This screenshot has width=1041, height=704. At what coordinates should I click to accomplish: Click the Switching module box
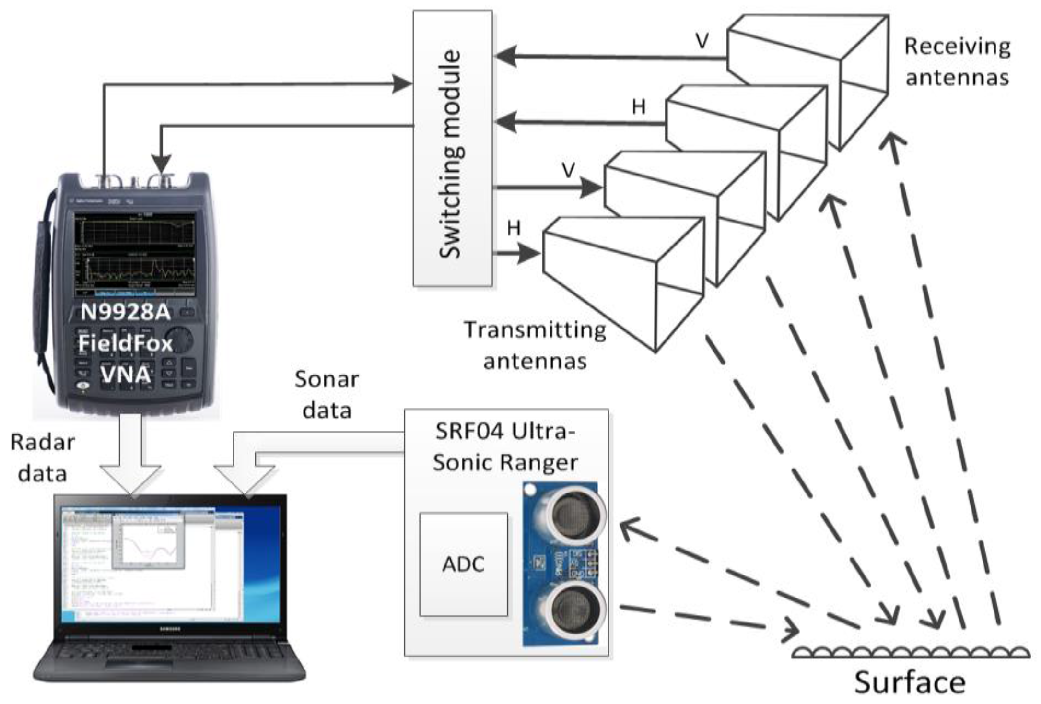452,149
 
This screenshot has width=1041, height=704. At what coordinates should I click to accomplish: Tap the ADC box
463,564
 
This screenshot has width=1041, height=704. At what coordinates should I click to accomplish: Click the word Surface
910,682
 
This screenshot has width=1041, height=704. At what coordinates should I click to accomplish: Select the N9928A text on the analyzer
126,312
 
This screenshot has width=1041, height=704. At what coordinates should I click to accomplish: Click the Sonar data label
327,394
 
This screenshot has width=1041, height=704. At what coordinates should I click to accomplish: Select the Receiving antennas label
957,61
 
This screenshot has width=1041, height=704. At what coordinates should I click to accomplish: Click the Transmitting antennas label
535,345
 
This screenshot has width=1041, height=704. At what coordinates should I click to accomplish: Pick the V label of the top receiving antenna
702,41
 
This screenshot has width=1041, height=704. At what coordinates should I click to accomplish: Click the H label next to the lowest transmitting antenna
514,227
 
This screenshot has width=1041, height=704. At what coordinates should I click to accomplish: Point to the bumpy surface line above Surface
910,652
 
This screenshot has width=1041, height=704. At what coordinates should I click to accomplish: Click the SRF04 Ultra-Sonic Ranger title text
505,447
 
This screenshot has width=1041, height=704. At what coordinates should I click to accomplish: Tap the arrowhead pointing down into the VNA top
162,163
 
